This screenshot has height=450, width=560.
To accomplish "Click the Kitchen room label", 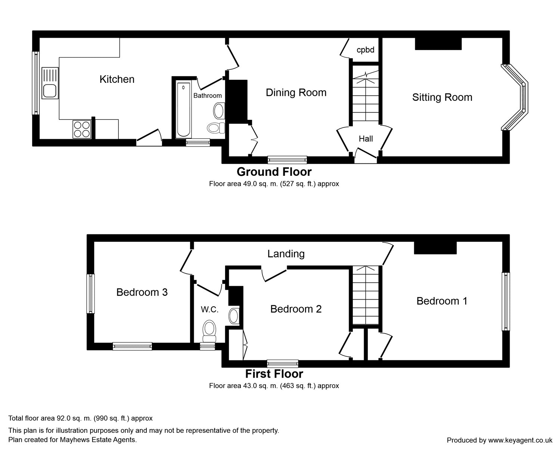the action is pos(117,79).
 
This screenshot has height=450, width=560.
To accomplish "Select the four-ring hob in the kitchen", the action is pos(82,129).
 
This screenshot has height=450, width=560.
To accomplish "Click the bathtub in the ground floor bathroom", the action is pos(183,109).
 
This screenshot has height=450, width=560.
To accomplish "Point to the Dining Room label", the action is pos(296,93).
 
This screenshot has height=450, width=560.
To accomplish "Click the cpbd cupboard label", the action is pos(365,50).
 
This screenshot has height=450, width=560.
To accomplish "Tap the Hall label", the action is pos(365,139).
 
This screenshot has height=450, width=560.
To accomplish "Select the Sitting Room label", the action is pos(442,97).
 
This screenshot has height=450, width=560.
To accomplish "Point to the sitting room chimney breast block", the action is pos(438,44).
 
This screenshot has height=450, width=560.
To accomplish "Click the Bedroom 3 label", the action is pos(142,292).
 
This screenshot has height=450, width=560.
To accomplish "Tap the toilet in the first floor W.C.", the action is pos(209,331).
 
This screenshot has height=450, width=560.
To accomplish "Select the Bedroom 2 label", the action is pos(296,309).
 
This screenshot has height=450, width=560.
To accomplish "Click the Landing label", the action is pos(286,254).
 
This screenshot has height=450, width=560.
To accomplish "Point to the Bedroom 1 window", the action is pos(506,301).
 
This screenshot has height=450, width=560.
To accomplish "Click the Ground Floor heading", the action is pos(274,172).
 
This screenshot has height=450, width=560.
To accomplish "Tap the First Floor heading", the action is pos(274,374).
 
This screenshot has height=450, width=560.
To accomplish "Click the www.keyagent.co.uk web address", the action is pos(520,440).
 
